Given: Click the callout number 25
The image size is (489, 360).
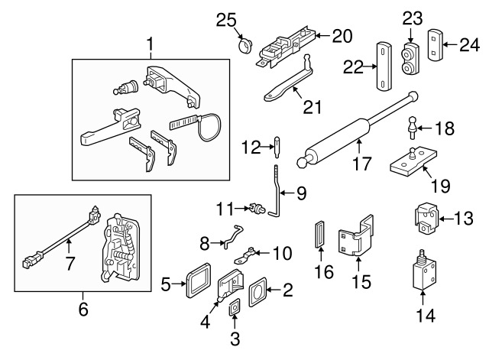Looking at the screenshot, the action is click(x=226, y=21).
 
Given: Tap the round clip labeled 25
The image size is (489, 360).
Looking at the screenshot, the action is click(x=245, y=46).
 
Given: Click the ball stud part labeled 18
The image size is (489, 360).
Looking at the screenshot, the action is click(x=413, y=128).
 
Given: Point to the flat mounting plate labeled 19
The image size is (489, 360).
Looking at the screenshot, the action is click(x=413, y=161).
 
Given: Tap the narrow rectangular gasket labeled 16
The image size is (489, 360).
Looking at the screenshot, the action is click(x=320, y=235).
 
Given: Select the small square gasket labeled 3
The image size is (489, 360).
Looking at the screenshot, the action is click(x=234, y=307).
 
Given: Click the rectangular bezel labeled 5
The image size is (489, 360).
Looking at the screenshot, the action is click(x=199, y=281).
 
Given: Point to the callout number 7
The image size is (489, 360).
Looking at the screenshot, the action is click(x=70, y=264).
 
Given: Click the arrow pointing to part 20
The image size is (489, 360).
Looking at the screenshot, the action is click(x=323, y=36).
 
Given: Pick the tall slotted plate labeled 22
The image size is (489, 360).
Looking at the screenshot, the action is click(x=384, y=66).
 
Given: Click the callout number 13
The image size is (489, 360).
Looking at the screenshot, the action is click(x=463, y=218).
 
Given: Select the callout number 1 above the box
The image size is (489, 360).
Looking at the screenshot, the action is click(x=150, y=44).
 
